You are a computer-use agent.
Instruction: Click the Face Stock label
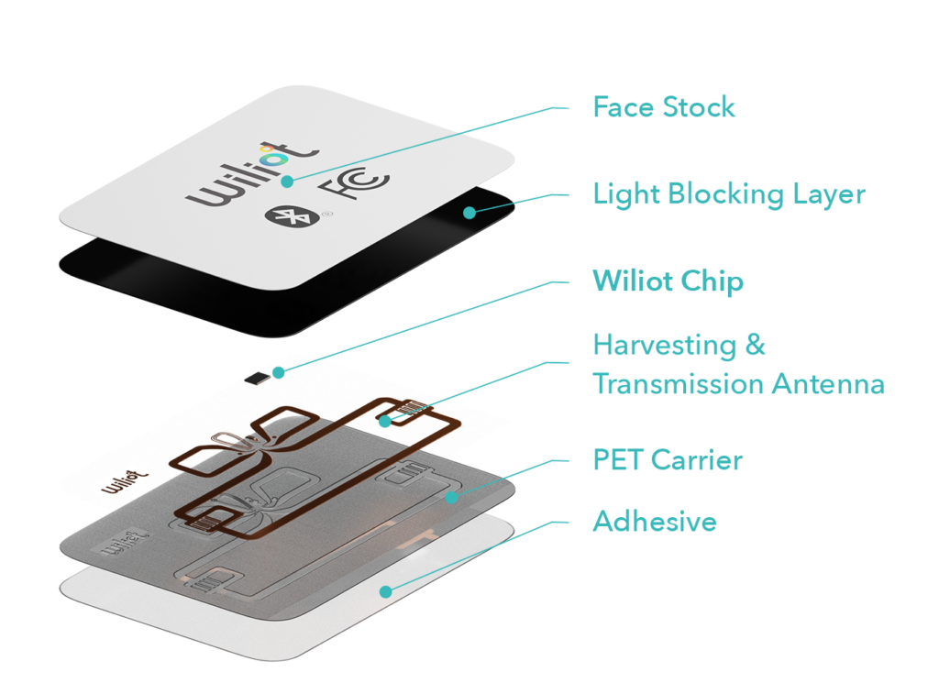(x=664, y=107)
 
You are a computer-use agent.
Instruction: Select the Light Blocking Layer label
(x=729, y=194)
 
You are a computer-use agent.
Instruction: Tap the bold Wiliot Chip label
(x=668, y=281)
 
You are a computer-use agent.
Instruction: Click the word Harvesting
(x=664, y=346)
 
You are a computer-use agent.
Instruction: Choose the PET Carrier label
(x=668, y=460)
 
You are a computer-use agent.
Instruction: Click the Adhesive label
(x=655, y=521)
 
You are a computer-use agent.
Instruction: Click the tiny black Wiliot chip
(x=257, y=378)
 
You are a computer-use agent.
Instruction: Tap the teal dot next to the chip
(x=279, y=372)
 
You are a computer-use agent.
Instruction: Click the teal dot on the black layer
(x=469, y=213)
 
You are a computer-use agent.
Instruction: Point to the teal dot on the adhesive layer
(x=386, y=591)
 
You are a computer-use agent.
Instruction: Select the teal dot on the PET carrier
(x=451, y=497)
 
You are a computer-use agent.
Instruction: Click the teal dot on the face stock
(x=287, y=182)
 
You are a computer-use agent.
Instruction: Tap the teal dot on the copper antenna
(x=385, y=422)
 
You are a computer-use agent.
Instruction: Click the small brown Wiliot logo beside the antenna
(x=125, y=482)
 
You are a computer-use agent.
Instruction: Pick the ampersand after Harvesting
(x=756, y=345)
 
